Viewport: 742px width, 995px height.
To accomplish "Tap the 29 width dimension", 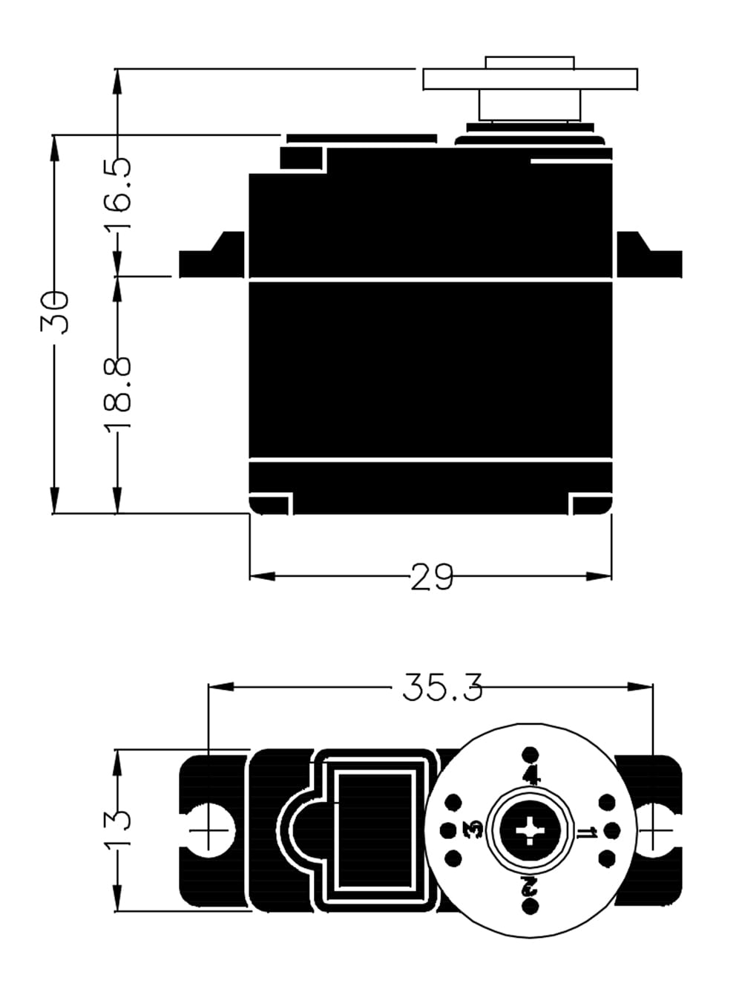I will pos(432,577).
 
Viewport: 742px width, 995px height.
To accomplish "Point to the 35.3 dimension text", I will pos(442,688).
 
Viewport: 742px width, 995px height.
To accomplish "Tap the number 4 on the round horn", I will pos(531,776).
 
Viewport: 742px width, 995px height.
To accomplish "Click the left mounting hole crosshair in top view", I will pos(209,829).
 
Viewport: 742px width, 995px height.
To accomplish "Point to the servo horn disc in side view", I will pos(530,79).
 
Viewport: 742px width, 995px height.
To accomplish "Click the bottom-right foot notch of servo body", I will pos(591,505).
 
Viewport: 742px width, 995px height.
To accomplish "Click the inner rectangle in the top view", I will pos(375,829).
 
